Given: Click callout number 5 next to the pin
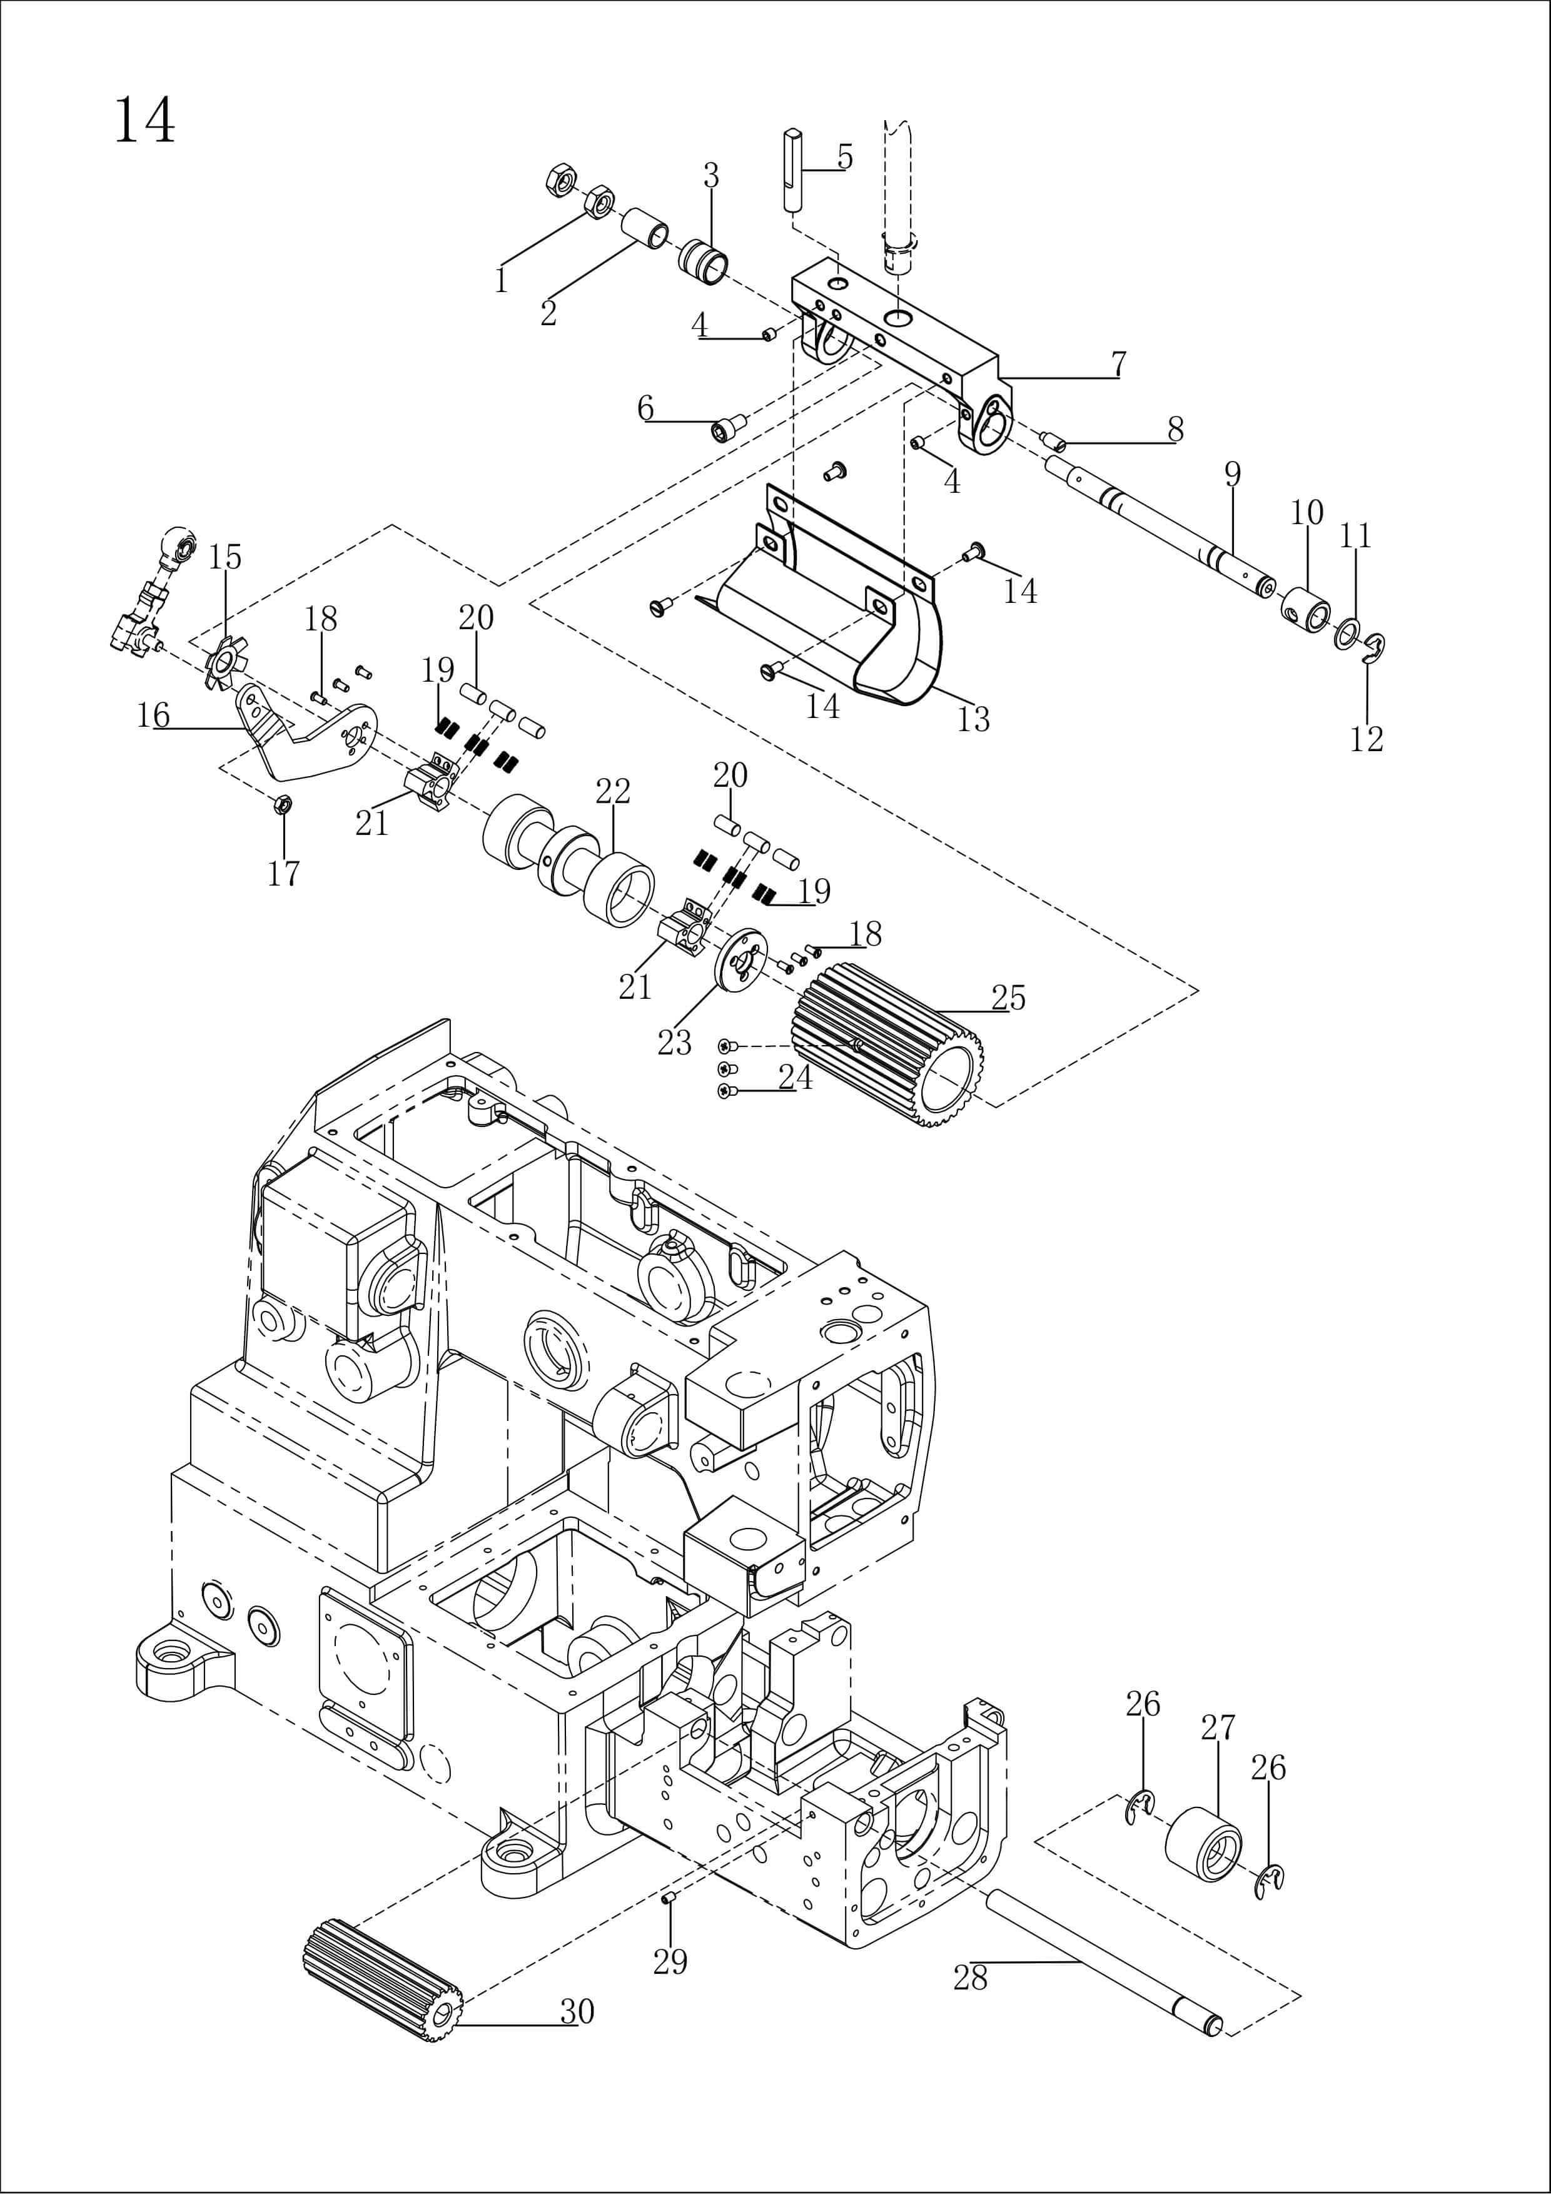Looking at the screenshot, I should pos(845,157).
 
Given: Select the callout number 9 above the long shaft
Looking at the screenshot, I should pos(1232,475).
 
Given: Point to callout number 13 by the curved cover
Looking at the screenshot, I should pos(973,719).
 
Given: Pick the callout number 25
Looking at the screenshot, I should pos(1008,998).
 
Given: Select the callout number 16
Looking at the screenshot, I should pos(153,715).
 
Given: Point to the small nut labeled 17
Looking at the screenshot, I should pos(282,804).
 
